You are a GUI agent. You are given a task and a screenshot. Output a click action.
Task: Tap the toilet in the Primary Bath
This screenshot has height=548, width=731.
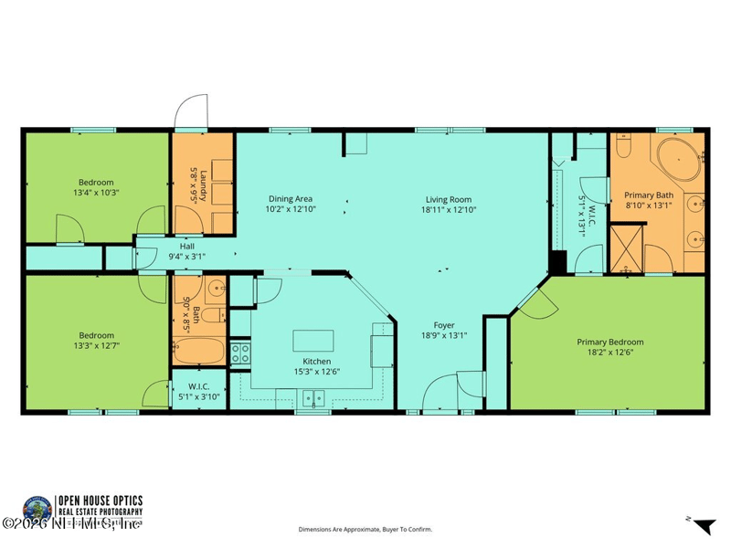point(623,145)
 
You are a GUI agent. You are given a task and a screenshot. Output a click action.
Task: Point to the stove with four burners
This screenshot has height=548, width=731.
point(240,352)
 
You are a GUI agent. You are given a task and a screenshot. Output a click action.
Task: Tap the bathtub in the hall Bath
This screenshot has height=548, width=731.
point(196,351)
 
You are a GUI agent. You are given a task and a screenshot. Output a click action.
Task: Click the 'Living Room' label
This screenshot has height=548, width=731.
point(448,199)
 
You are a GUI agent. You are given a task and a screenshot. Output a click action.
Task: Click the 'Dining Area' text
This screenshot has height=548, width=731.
point(291,199)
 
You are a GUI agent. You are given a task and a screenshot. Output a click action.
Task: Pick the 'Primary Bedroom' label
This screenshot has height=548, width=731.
point(610,342)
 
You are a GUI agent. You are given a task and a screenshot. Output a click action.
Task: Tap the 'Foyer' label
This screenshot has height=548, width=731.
point(444,324)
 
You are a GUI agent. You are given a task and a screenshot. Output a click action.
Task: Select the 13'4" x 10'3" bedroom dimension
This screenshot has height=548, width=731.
point(96,193)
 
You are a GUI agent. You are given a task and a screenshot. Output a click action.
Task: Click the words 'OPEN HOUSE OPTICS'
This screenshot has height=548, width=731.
point(101,500)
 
